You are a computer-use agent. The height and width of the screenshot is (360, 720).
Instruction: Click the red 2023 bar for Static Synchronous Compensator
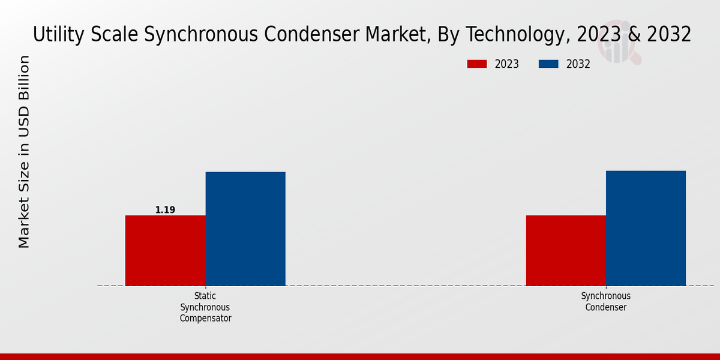tap(165, 250)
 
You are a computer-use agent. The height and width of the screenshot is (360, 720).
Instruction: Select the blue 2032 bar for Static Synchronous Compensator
tap(245, 229)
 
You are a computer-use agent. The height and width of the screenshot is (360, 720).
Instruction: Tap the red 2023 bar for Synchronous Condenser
tap(566, 250)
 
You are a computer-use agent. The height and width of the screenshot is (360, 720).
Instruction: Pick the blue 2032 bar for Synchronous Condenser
tap(646, 228)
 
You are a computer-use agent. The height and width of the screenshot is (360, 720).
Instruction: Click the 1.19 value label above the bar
tap(165, 210)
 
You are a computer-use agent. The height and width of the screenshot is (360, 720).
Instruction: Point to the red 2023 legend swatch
tap(477, 64)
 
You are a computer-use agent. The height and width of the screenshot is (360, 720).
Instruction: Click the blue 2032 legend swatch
tap(548, 64)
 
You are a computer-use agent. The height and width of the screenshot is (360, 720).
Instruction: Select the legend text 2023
tap(507, 64)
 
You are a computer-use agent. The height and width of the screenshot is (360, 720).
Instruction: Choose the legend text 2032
tap(578, 64)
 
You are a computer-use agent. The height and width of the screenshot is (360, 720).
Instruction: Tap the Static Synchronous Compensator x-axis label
tap(205, 307)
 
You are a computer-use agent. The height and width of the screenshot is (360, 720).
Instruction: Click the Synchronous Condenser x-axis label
tap(606, 302)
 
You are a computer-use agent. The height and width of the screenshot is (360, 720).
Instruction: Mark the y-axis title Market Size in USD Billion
tap(24, 152)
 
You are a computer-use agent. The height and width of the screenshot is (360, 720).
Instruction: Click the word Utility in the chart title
tap(53, 35)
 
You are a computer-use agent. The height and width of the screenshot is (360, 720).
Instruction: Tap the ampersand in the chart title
tap(631, 35)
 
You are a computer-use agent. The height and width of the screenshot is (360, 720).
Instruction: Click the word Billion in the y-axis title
tap(24, 78)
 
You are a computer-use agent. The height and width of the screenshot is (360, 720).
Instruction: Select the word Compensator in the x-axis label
tap(205, 319)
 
